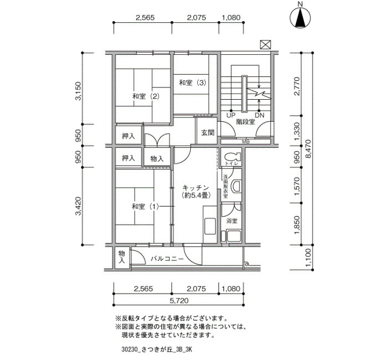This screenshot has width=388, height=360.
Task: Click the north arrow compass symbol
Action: [300, 17]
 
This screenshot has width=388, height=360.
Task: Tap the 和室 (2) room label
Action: [146, 96]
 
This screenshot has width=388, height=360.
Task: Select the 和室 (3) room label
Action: [192, 83]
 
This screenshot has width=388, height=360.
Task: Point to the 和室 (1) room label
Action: [145, 206]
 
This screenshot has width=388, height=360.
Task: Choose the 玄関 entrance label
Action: [207, 133]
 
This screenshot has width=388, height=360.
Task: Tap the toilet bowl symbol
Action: [232, 156]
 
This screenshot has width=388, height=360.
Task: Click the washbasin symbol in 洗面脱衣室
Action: [236, 186]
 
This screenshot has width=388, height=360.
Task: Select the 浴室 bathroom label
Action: [232, 221]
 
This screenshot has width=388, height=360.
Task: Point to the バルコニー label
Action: [167, 259]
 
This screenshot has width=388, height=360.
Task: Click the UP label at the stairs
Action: [231, 115]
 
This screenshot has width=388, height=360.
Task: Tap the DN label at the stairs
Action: [259, 115]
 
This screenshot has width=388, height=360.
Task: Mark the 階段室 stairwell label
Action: [246, 122]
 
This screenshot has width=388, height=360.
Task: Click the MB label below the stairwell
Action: [246, 142]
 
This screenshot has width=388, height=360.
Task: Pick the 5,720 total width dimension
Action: [179, 301]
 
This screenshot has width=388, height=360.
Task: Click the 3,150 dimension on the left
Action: [78, 91]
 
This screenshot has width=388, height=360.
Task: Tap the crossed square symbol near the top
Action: [266, 45]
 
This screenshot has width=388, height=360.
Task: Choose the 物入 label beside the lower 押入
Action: [157, 159]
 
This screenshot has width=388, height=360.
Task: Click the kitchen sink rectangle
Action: [210, 226]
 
